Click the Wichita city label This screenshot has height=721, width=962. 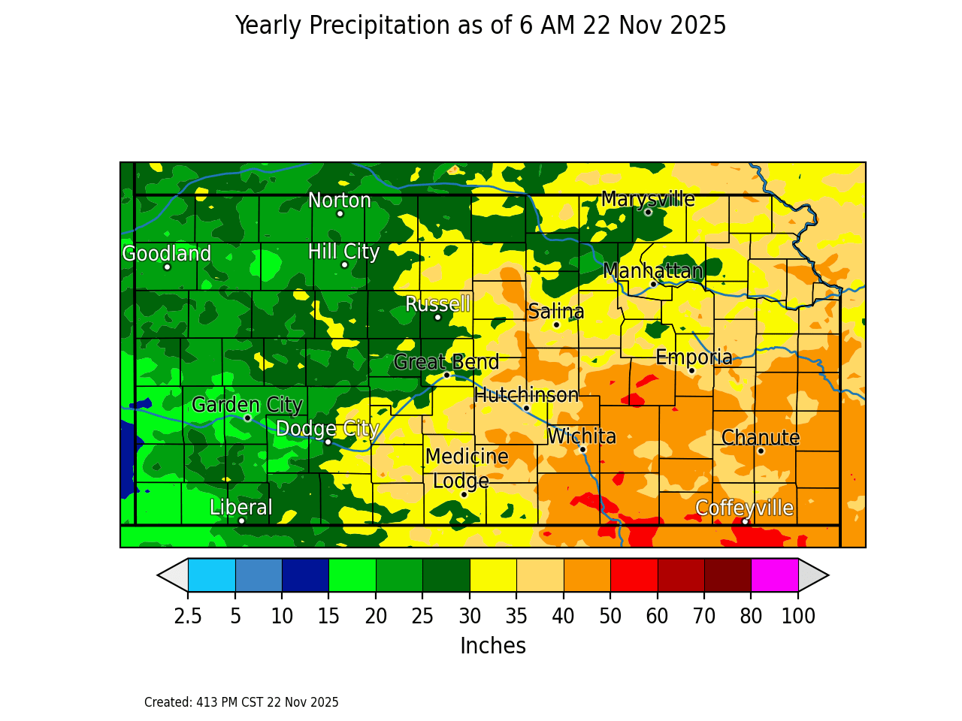point(582,436)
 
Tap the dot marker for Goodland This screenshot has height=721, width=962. point(167,267)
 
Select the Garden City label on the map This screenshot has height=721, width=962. point(247,405)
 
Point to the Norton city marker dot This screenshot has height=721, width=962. point(340,213)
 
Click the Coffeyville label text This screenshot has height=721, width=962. point(744,508)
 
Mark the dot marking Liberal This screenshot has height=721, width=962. point(241,520)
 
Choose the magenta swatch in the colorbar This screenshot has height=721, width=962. point(774,575)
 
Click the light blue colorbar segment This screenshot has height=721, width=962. point(211,575)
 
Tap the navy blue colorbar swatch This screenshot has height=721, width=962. point(305,575)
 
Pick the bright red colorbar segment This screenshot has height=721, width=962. point(634,575)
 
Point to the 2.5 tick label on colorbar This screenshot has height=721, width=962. point(188,617)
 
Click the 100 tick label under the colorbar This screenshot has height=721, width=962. point(798,617)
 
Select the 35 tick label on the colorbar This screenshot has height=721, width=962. point(516,617)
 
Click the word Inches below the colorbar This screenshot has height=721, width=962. point(493,646)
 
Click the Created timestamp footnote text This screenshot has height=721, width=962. point(241,702)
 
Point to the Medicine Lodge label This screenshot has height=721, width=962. point(466,469)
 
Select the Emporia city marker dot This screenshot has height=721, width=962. point(691,370)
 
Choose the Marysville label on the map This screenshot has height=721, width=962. point(648,199)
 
